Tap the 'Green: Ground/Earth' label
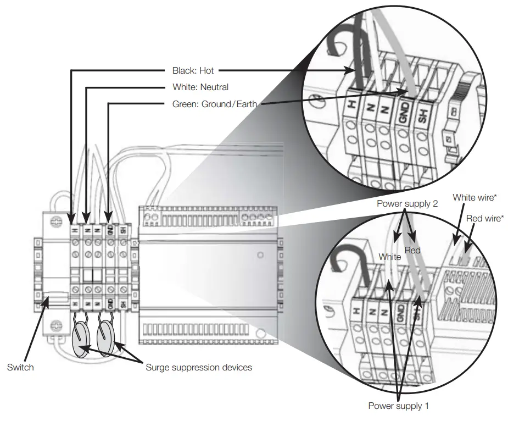click(214, 103)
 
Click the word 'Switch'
click(20, 367)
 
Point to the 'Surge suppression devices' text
click(199, 367)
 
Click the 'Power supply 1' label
click(398, 406)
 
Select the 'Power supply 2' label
click(407, 204)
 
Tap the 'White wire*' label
click(473, 197)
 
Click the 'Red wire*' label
click(485, 219)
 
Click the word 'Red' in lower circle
click(412, 251)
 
